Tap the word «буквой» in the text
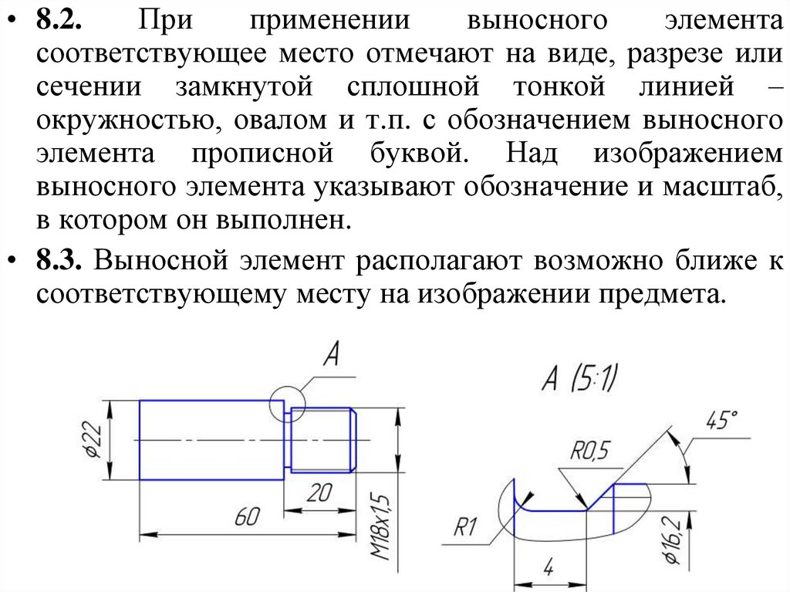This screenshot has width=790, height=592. click(412, 154)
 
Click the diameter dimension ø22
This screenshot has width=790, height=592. click(92, 441)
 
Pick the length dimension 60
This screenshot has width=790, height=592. click(245, 518)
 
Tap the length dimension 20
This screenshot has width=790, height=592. click(319, 494)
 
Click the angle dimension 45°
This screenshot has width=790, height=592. click(721, 421)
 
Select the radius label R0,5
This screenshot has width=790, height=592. click(589, 449)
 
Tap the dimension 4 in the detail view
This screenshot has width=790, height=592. click(549, 569)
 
